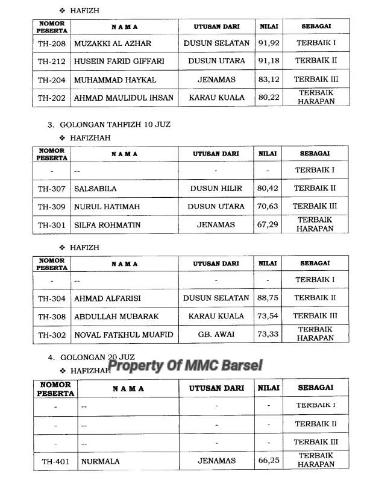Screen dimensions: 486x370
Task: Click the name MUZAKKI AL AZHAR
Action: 112,43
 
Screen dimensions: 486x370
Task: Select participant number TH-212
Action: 51,61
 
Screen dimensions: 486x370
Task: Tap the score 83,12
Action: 269,80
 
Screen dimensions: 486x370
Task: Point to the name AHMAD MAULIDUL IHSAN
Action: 123,98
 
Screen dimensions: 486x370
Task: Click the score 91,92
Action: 269,43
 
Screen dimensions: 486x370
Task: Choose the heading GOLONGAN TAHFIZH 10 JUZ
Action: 115,125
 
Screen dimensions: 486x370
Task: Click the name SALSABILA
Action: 95,189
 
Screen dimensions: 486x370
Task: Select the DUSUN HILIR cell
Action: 216,189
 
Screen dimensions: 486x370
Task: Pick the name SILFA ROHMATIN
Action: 107,225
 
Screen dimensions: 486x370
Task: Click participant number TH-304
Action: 51,298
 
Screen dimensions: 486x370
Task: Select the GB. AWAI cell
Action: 216,334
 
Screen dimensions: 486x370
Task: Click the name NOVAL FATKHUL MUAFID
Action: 123,335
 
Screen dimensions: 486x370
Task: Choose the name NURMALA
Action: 96,462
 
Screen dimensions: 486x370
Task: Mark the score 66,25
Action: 269,461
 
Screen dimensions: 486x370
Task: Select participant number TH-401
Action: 55,462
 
